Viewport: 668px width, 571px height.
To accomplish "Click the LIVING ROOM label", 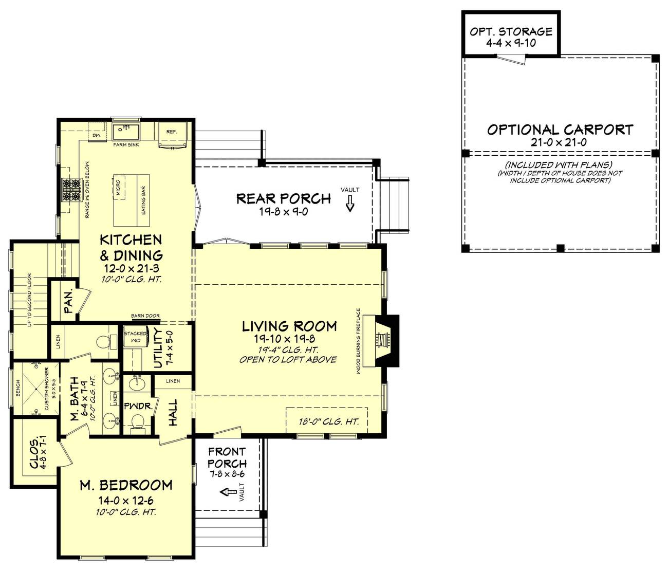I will (289, 326).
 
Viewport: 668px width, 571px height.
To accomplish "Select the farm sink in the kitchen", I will (125, 131).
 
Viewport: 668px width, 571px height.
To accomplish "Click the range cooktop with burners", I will (71, 189).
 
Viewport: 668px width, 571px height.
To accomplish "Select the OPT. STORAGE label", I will (511, 32).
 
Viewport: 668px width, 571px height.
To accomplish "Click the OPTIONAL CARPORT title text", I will (560, 129).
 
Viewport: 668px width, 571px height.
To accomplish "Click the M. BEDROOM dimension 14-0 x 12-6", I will (126, 500).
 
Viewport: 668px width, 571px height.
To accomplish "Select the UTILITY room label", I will (158, 348).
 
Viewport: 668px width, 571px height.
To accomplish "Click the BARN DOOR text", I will (145, 316).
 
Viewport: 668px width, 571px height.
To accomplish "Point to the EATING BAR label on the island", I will (143, 200).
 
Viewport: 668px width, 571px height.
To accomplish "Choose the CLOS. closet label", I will (34, 453).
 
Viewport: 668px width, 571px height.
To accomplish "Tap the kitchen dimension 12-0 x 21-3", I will (132, 269).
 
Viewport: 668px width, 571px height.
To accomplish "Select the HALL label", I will (173, 412).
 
